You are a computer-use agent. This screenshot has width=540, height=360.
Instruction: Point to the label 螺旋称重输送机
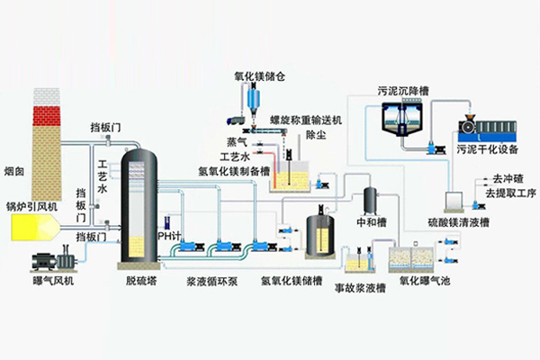304,119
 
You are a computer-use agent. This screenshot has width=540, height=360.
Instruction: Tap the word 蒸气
238,142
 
